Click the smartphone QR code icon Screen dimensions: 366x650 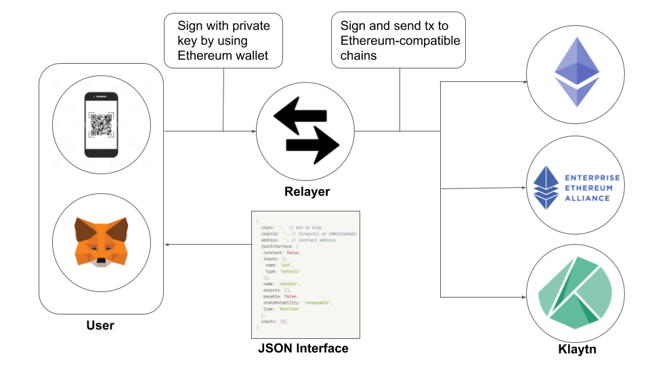pos(100,125)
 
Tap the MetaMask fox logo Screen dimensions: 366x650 pos(100,241)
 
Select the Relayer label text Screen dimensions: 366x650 pos(306,192)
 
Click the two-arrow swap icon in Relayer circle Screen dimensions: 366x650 pos(305,125)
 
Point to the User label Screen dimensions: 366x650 pos(100,325)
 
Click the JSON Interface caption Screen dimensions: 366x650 pos(303,348)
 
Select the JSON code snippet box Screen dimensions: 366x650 pos(305,274)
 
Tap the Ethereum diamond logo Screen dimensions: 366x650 pos(576,72)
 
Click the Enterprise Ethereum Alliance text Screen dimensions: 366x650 pos(592,188)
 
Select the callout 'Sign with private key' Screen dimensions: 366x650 pos(223,41)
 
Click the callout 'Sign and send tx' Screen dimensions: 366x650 pos(399,41)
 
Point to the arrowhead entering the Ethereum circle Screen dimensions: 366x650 pos(525,82)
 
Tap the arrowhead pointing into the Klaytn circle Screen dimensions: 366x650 pos(525,297)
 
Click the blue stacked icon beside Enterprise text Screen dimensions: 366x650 pos(545,188)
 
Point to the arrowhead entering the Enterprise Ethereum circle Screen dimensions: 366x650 pos(525,188)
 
